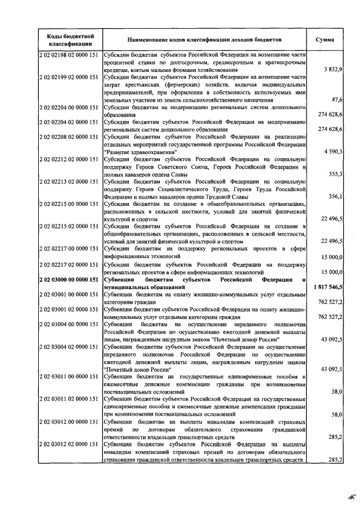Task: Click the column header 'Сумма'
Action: pos(325,40)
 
